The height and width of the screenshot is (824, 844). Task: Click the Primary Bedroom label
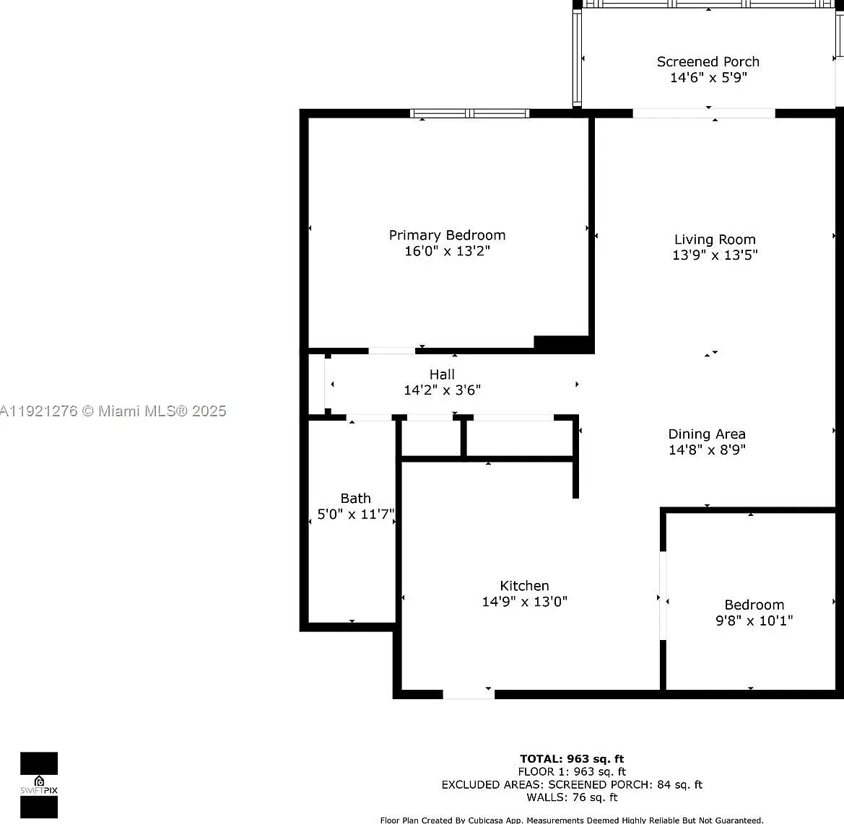447,235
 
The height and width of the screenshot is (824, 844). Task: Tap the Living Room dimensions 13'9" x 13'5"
715,255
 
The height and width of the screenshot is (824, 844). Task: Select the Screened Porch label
708,62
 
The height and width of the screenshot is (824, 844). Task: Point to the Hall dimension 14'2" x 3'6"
442,390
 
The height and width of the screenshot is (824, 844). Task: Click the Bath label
355,499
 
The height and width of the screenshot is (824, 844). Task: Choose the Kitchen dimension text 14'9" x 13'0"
524,601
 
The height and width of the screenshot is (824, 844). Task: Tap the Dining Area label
707,434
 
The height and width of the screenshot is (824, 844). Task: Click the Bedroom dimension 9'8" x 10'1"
754,621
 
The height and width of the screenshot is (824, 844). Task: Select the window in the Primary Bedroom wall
469,113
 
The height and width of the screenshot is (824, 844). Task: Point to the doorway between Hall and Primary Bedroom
391,351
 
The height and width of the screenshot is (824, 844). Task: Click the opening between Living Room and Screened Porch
703,113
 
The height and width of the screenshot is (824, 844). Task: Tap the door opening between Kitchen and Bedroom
663,595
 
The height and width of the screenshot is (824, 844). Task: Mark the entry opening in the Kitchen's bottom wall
469,694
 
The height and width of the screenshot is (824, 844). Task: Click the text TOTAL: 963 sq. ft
572,759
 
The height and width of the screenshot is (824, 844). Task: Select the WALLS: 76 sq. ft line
572,797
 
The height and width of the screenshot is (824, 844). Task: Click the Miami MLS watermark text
113,411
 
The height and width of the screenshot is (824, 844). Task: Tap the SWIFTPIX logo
39,785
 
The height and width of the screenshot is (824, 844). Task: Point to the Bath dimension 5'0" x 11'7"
356,514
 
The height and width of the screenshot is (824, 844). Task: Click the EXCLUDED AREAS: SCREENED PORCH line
572,785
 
